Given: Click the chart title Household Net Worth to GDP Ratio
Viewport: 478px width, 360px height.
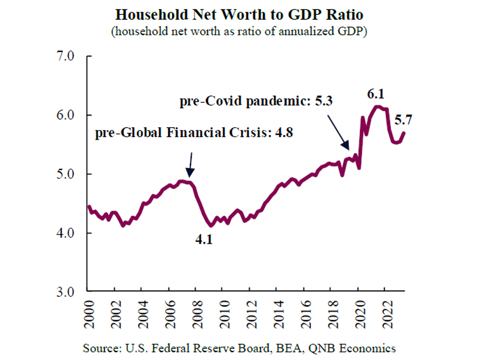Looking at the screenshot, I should (239, 15).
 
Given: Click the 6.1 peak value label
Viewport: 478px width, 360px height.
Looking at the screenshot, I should (377, 95).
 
